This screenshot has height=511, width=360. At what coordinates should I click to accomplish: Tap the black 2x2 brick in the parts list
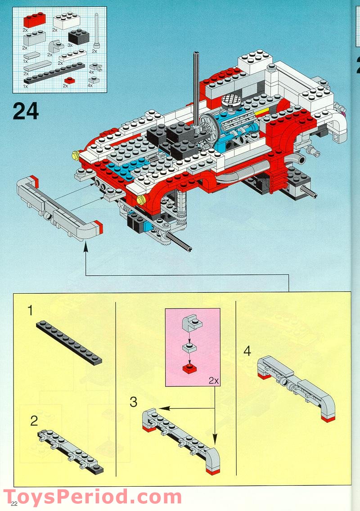[x=78, y=36]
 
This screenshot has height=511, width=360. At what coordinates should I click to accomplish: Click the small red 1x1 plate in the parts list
[x=69, y=80]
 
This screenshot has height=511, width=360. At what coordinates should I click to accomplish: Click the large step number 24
[x=25, y=111]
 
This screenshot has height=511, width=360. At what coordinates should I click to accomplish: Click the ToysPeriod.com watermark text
[x=92, y=497]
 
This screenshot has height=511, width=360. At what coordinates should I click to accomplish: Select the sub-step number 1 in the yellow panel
[x=30, y=310]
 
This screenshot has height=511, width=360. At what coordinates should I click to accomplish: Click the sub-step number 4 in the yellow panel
[x=247, y=351]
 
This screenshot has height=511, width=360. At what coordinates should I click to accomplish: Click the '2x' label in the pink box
[x=213, y=380]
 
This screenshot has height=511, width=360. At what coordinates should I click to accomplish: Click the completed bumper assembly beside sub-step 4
[x=295, y=387]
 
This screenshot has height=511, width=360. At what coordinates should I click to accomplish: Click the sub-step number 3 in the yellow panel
[x=133, y=402]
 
